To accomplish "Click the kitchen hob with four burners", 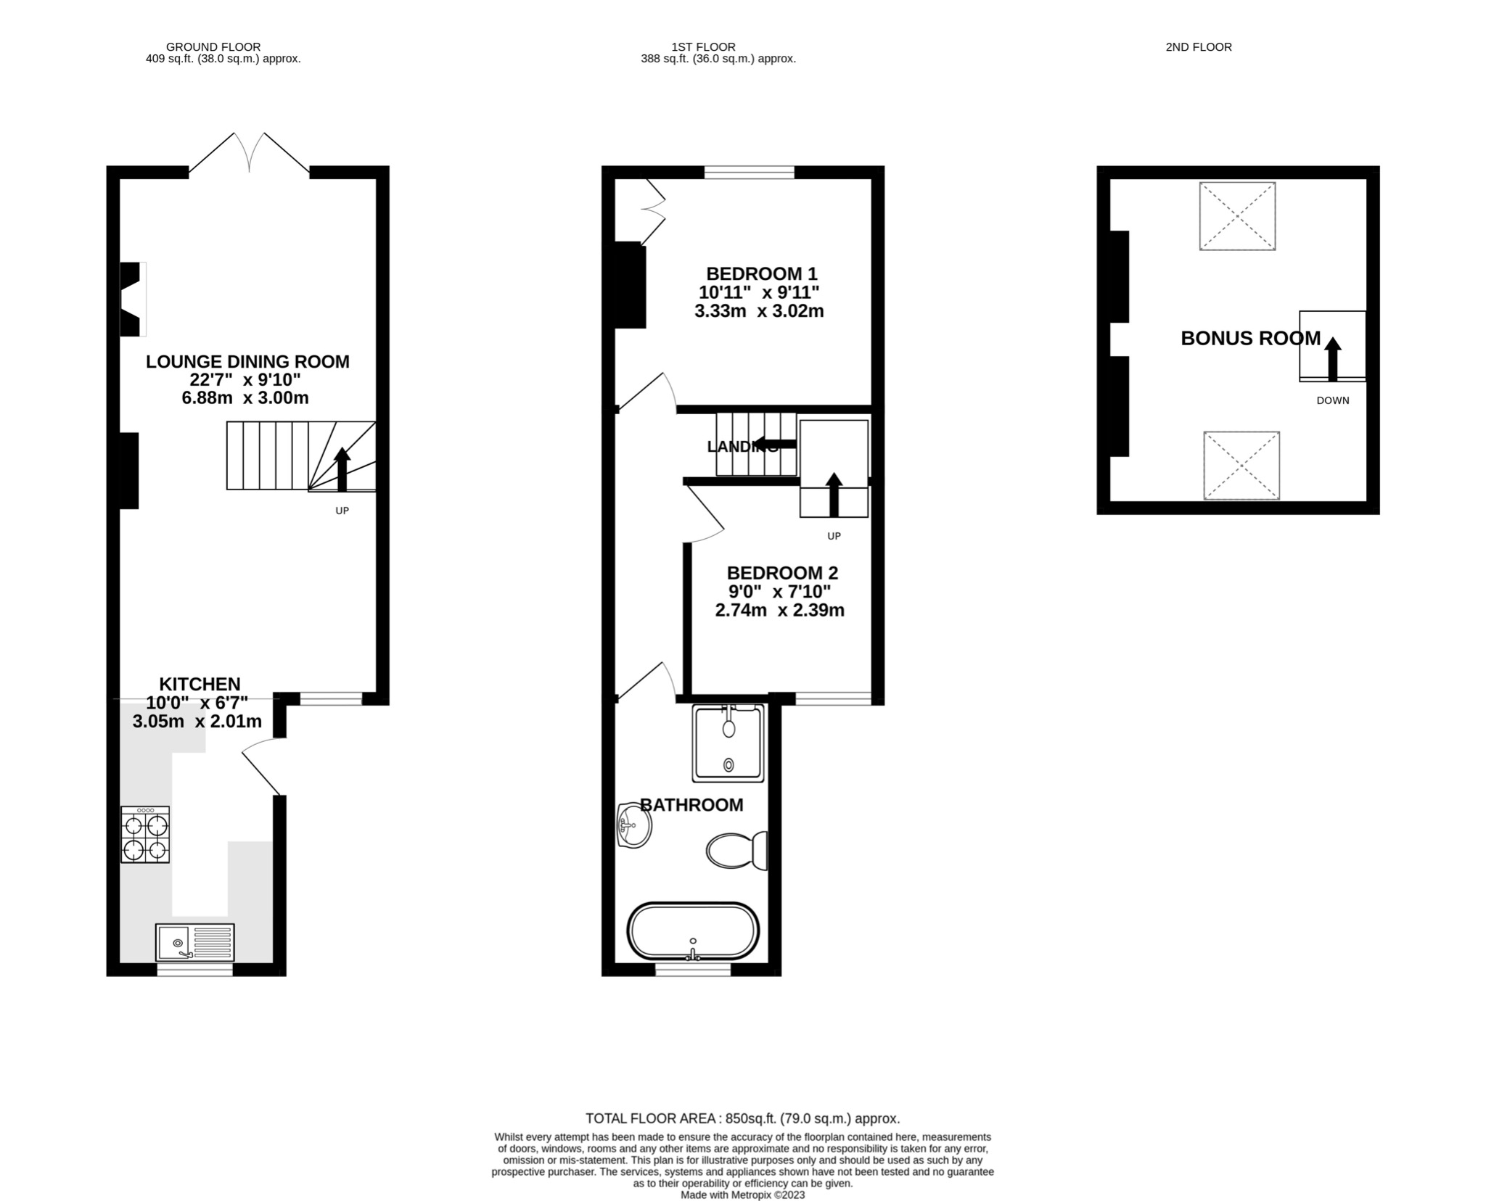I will (145, 835).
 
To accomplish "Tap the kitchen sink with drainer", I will (194, 942).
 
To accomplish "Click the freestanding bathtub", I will (692, 931).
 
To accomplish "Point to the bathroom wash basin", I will (633, 825).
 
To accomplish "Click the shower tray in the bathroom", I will (728, 743).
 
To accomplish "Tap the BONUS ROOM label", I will (1250, 339).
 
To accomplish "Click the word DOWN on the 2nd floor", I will (1333, 400).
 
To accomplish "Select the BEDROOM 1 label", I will (761, 274).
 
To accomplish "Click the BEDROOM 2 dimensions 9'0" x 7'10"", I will (779, 591).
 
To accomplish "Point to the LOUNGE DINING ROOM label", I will (247, 361).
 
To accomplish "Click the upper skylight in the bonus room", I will (1237, 216).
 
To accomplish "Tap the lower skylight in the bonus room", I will (1241, 466).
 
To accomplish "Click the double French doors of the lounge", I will (249, 154).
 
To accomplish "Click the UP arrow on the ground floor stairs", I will (342, 469).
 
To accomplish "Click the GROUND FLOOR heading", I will (213, 47).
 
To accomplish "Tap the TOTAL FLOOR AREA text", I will (742, 1118).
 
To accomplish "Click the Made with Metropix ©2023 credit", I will (742, 1195).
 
